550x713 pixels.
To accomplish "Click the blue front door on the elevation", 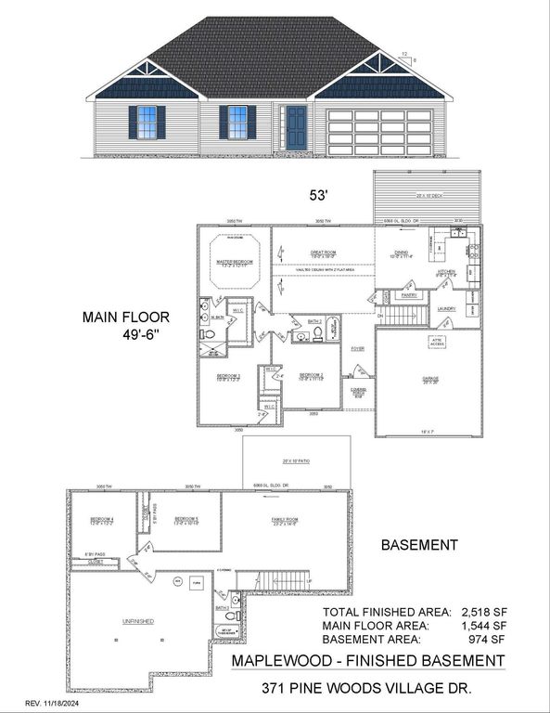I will click(296, 127).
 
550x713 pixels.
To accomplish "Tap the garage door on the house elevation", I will click(380, 132).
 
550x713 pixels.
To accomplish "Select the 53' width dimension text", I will click(320, 196).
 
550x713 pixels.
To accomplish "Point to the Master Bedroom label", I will click(236, 263).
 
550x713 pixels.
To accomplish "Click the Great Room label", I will click(322, 252).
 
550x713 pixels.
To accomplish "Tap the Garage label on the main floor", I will click(429, 379).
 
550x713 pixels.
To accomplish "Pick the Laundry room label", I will click(447, 307).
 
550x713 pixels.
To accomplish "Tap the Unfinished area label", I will click(136, 621).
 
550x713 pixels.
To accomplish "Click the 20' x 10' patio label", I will click(296, 461).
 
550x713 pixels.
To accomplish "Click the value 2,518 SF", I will click(482, 613).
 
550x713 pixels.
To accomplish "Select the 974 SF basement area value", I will click(488, 640).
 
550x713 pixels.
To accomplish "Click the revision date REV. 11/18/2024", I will click(58, 702).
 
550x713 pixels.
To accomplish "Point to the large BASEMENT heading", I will click(420, 545).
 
